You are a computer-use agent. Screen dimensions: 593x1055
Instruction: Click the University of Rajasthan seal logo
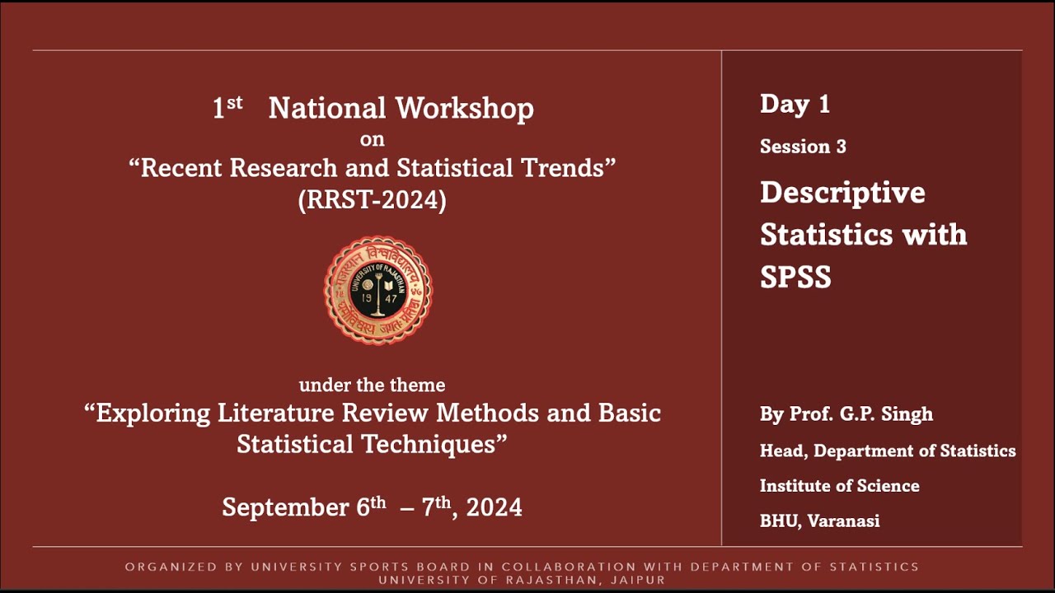pos(377,290)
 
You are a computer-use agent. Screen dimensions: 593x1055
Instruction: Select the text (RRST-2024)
pos(372,201)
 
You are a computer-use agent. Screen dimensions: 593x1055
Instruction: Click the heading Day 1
pos(795,104)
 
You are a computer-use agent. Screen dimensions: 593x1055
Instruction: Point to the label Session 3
pos(803,147)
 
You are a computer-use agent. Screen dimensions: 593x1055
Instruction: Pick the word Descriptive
pos(842,193)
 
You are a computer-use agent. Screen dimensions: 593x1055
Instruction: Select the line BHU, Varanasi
pos(819,521)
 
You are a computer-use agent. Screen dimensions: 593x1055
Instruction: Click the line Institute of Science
pos(839,486)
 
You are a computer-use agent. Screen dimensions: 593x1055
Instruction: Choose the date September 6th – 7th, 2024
pos(372,507)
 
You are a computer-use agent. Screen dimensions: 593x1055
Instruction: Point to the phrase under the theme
pos(372,385)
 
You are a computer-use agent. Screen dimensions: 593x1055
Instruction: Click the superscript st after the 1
pos(235,103)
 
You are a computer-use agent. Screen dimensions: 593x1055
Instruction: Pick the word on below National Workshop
pos(372,140)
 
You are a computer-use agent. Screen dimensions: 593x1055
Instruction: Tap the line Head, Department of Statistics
pos(888,451)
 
